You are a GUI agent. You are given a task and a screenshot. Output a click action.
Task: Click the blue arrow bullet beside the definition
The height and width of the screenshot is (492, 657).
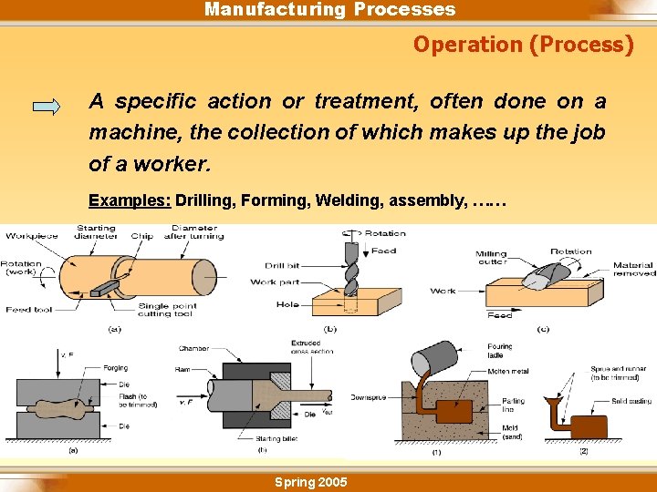pos(46,106)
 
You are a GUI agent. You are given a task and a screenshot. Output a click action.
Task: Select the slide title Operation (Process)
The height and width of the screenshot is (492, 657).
pos(523,45)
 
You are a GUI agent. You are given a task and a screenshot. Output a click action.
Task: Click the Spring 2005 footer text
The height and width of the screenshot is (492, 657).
pos(310,482)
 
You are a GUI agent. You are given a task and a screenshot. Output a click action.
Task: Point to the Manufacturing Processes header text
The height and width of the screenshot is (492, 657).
pos(329,10)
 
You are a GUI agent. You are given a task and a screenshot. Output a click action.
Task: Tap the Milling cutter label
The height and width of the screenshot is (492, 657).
pos(491,259)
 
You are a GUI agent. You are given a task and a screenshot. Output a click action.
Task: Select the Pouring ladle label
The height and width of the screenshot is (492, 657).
pos(499,351)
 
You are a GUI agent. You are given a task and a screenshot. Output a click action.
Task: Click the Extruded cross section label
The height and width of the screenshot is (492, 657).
pos(313,346)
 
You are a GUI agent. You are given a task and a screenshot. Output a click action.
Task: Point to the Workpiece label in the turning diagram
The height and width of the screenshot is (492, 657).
pos(32,236)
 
